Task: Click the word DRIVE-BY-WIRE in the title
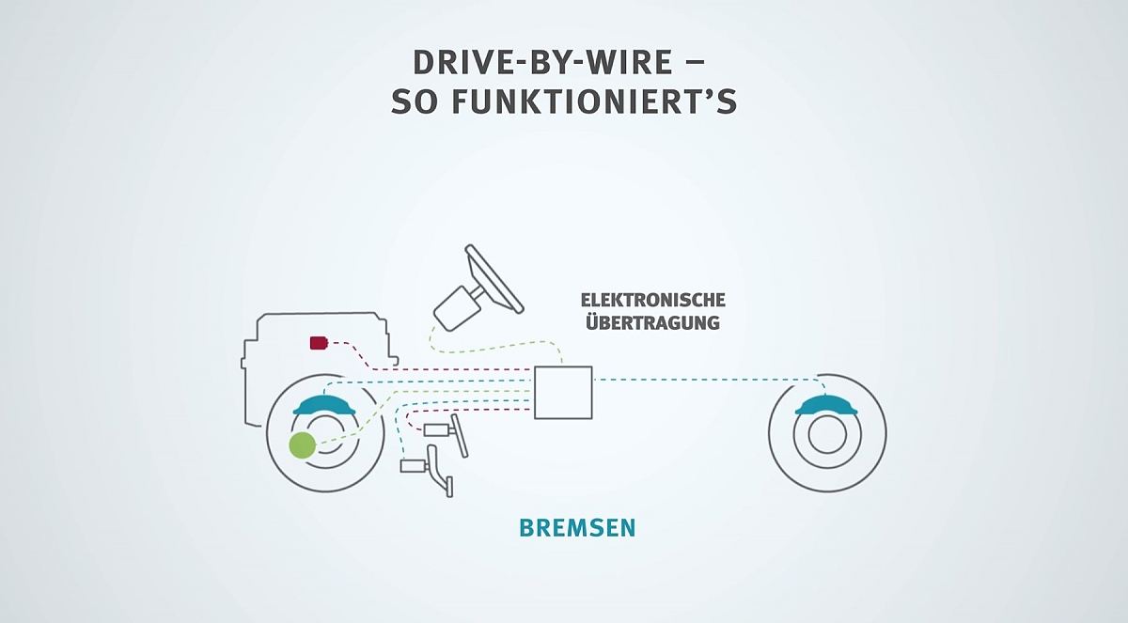542,62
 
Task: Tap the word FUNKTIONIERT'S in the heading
594,101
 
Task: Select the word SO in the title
413,102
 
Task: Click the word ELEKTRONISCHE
652,301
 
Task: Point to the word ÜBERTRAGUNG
652,321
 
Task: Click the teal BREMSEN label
577,528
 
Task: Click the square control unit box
563,393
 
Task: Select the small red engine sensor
320,343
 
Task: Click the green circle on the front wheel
302,444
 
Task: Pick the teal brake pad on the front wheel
324,405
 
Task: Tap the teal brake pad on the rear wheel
826,405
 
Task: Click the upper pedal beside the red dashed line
446,434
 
